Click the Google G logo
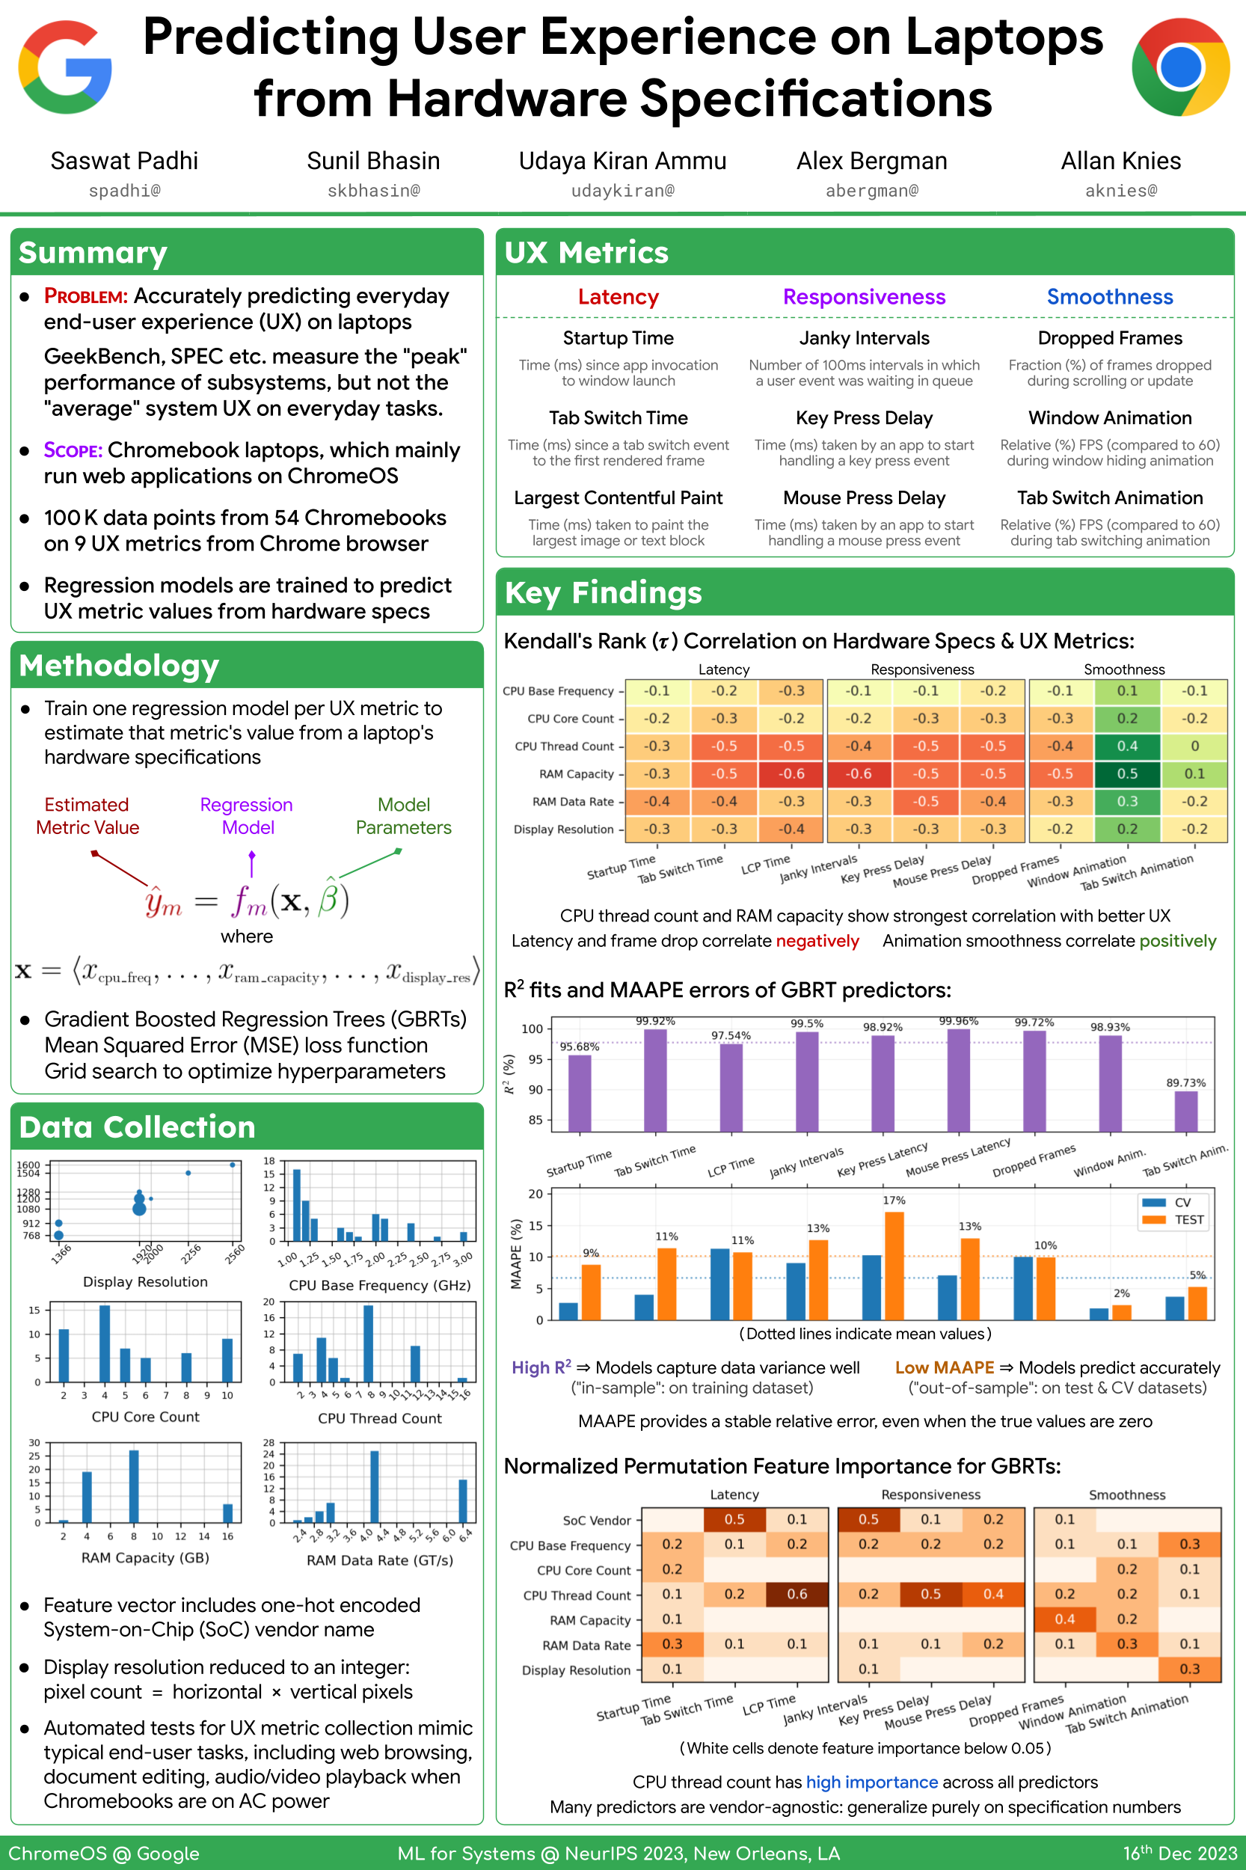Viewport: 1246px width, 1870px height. (x=65, y=67)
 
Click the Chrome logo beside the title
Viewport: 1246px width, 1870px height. (x=1180, y=67)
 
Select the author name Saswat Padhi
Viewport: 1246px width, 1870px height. (x=124, y=162)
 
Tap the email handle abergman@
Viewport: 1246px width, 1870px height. (x=872, y=191)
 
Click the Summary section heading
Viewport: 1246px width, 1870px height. (x=93, y=253)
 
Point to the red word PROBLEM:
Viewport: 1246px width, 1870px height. (x=86, y=296)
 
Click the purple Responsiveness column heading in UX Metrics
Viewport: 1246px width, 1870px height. (x=864, y=297)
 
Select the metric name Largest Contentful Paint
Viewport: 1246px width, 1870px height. (x=619, y=498)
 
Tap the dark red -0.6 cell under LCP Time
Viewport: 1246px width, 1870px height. (x=791, y=774)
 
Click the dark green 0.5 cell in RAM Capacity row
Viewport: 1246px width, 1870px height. (x=1127, y=774)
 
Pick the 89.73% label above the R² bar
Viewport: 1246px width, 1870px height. (x=1185, y=1083)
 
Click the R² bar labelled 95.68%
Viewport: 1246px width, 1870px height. (x=580, y=1093)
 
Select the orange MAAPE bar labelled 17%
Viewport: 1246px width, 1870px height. (x=894, y=1265)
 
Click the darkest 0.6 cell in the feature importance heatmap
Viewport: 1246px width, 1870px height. (x=797, y=1594)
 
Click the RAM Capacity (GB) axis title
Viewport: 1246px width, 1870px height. (x=145, y=1557)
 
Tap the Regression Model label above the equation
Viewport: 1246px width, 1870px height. (x=247, y=816)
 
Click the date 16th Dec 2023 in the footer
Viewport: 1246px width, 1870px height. (x=1180, y=1854)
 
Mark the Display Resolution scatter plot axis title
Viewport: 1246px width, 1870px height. (x=145, y=1282)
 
